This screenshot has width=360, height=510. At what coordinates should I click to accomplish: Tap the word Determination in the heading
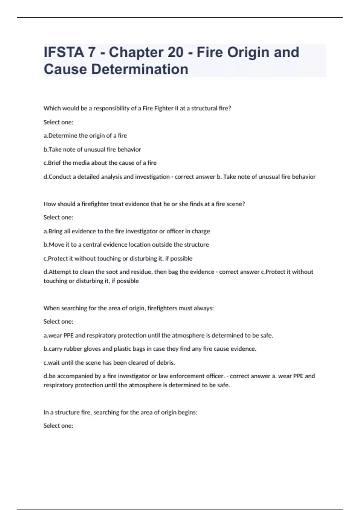click(139, 69)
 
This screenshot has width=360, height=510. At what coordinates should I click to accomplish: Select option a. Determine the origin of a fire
click(85, 136)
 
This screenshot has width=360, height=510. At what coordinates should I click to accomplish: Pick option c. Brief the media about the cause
click(100, 163)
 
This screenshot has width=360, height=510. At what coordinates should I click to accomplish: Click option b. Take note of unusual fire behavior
click(92, 149)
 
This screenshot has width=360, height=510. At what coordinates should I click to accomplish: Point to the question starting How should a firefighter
click(144, 204)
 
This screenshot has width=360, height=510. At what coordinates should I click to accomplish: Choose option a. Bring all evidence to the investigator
click(127, 231)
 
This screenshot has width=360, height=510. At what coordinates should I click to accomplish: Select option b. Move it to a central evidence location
click(126, 245)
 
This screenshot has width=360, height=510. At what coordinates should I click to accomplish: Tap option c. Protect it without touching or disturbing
click(118, 259)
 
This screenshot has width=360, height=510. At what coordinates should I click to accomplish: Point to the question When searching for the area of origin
click(128, 308)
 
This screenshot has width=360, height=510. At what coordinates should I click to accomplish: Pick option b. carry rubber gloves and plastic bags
click(150, 349)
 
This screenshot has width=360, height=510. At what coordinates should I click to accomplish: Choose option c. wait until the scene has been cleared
click(109, 363)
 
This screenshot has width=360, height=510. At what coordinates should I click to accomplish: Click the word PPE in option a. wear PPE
click(68, 335)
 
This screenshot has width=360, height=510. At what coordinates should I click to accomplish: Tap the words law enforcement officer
click(191, 376)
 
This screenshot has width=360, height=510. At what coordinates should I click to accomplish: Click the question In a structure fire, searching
click(120, 412)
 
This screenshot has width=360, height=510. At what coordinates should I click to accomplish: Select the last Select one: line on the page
click(58, 426)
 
